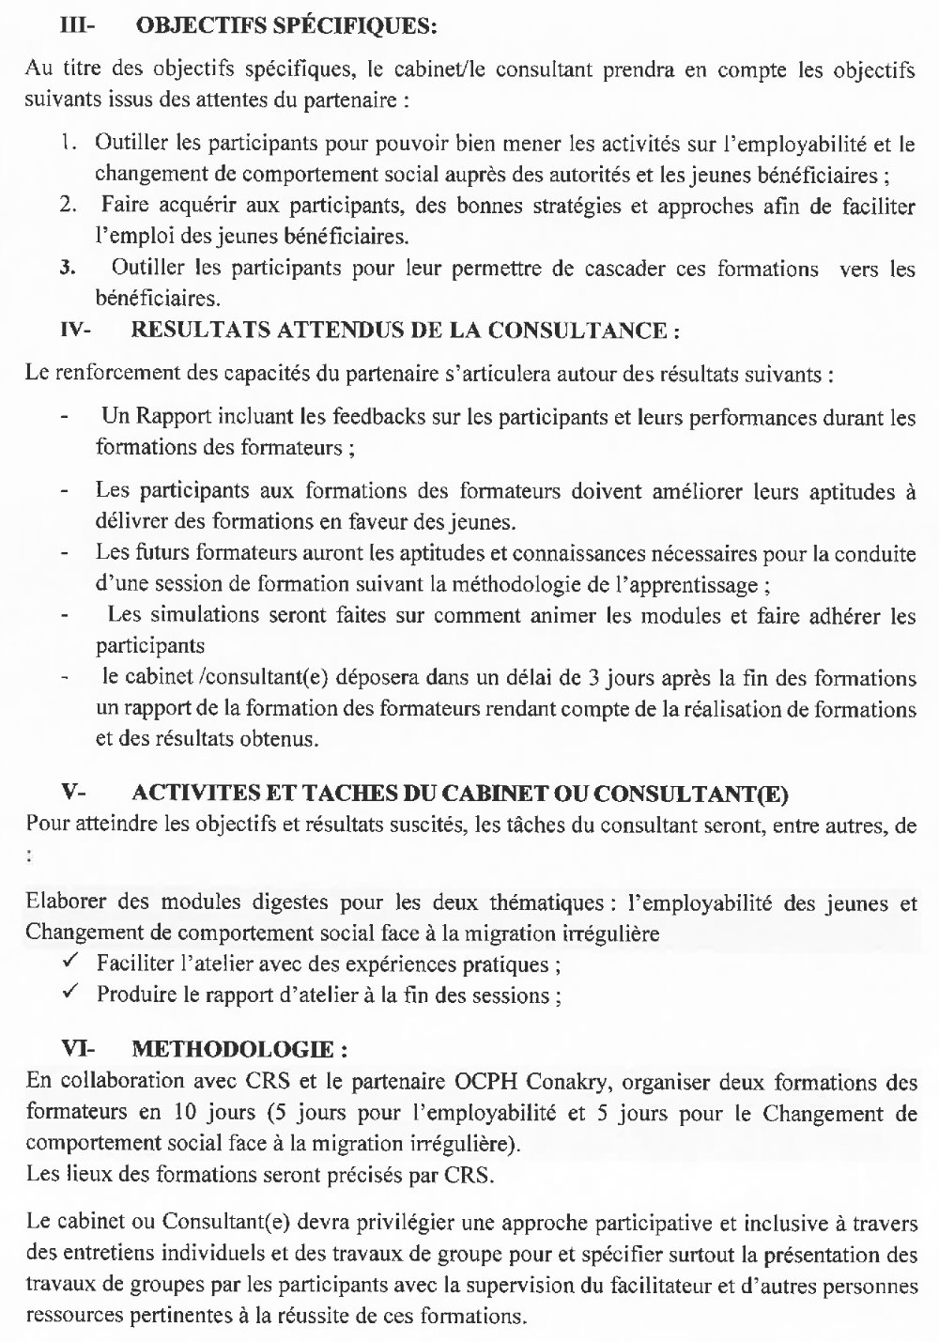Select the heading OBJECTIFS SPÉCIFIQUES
[286, 27]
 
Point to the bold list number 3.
[67, 270]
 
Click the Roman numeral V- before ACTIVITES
[73, 794]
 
